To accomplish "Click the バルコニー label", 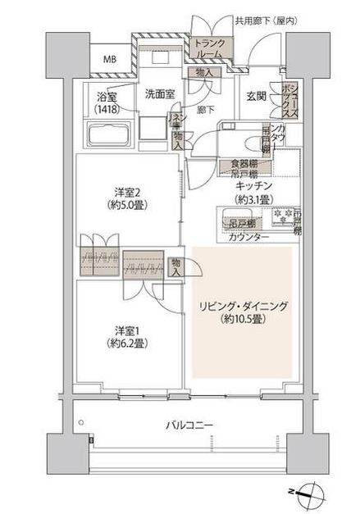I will coord(189,426).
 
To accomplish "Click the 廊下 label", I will coord(206,109).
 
